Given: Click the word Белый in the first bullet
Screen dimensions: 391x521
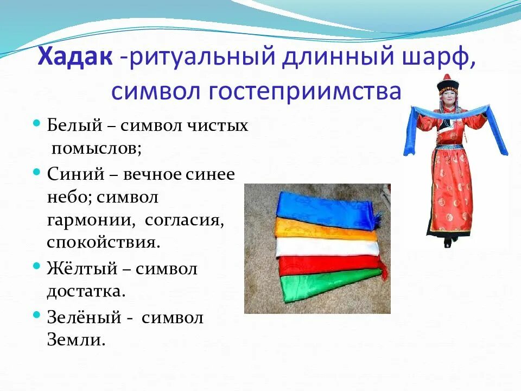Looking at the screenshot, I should click(x=75, y=126).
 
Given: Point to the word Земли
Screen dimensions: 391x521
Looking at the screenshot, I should click(x=75, y=340).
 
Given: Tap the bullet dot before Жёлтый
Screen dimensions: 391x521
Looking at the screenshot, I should click(x=36, y=267).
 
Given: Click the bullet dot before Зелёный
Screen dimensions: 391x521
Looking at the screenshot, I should click(x=36, y=315).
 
